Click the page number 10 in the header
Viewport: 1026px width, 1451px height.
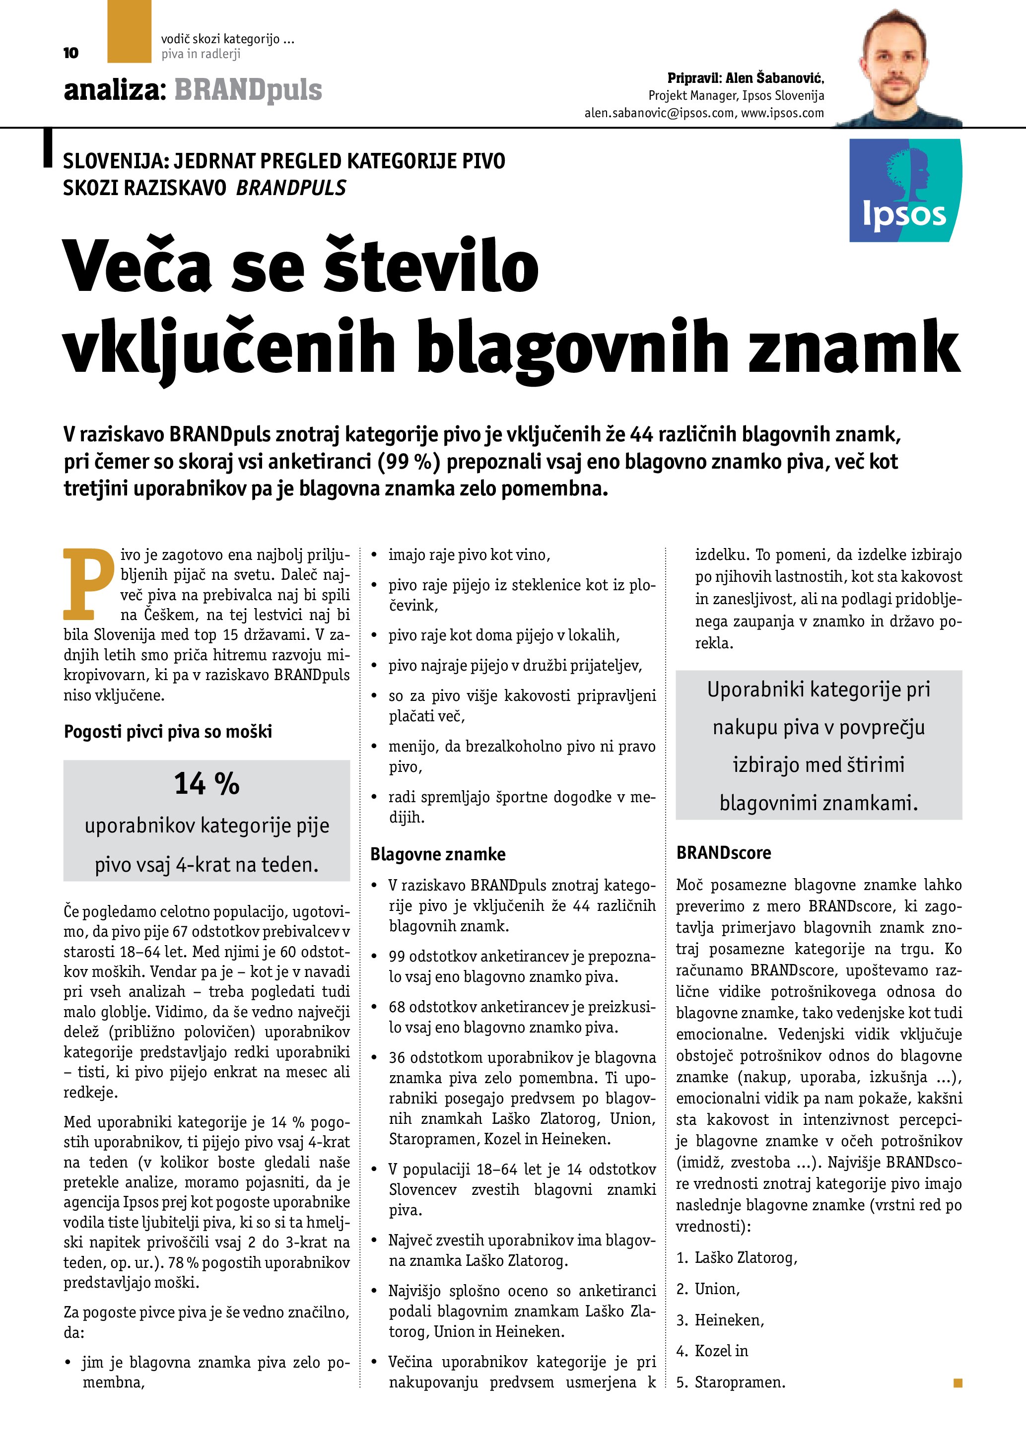[71, 53]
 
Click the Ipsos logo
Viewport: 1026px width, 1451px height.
[905, 190]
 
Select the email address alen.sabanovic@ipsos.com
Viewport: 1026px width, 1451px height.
[659, 113]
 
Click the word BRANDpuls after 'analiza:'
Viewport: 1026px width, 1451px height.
[248, 90]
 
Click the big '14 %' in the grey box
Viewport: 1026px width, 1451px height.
[206, 784]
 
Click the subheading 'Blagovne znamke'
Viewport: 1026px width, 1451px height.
[438, 854]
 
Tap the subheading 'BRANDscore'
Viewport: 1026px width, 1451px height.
[723, 853]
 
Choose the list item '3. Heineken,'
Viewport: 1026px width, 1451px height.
[720, 1319]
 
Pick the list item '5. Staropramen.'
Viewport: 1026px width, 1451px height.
[731, 1382]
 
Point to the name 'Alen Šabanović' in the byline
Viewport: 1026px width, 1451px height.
[774, 78]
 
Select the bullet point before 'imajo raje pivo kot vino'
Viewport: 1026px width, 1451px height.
[374, 555]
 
